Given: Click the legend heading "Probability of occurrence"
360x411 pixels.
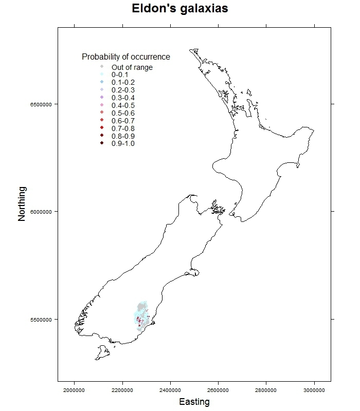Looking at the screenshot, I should (126, 57).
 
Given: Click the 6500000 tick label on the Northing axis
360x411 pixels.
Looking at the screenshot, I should (41, 104).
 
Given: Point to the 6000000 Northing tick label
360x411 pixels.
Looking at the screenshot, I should (41, 212).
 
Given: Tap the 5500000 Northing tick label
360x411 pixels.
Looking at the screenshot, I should (41, 319).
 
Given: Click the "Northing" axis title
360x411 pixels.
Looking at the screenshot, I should (22, 203).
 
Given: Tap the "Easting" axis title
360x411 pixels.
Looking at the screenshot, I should (194, 402).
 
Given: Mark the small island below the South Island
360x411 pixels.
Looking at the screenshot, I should (102, 353).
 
